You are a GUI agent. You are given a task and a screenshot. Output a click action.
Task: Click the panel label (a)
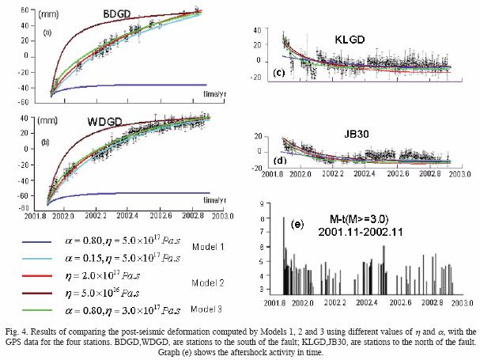point(47,33)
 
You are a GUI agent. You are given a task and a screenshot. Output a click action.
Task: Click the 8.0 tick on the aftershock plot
point(259,217)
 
